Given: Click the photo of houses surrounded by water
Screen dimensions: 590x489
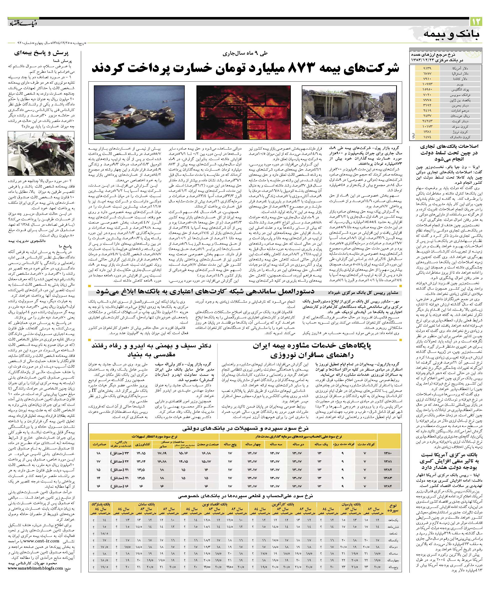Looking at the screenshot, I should [x=139, y=113].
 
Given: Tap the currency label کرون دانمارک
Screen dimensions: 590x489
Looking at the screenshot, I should [x=461, y=137].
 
